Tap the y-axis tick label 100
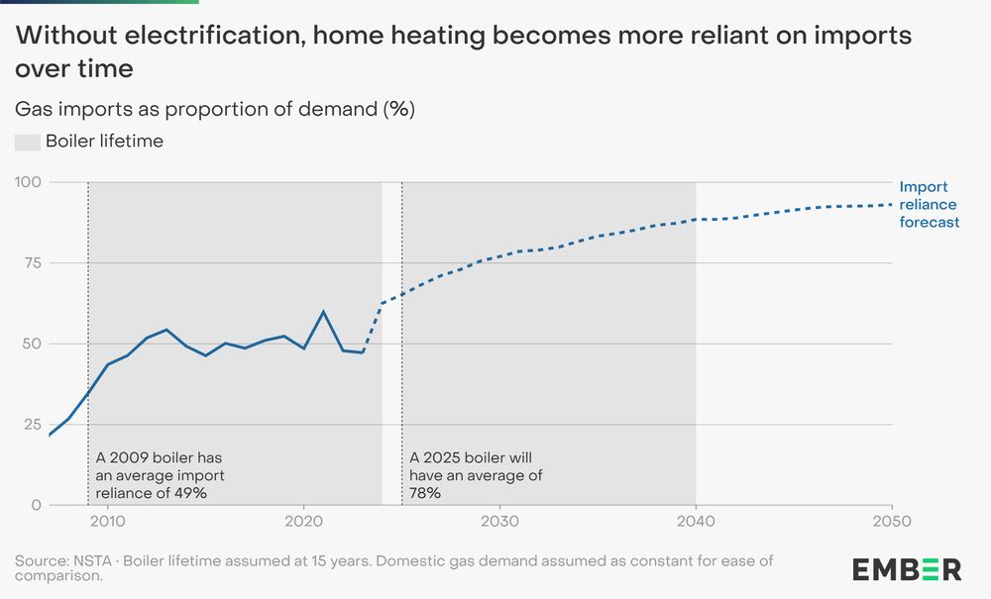coord(28,182)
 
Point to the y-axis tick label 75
coord(33,262)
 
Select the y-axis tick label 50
coord(32,344)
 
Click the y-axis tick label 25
coord(33,424)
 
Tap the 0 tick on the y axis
coord(37,505)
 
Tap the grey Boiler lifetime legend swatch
coord(27,142)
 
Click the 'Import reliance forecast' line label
coord(929,204)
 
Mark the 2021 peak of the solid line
coord(323,312)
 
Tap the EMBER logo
coord(907,568)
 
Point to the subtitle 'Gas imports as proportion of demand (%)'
coord(214,109)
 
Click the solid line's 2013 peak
coord(166,330)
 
